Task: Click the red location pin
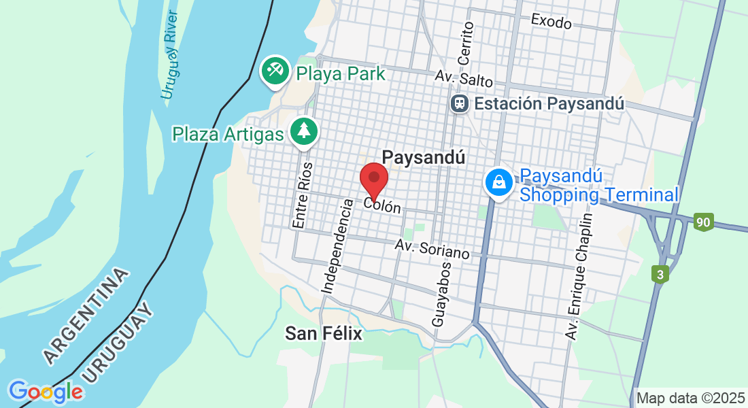coord(373,179)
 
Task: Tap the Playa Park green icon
coord(275,72)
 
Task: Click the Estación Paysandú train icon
coord(460,103)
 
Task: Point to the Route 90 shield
coord(703,222)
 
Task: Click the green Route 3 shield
coord(660,275)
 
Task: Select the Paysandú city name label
coord(424,157)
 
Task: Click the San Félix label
coord(323,333)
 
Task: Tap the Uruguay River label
coord(170,54)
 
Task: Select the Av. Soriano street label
coord(432,249)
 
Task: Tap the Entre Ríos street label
coord(303,194)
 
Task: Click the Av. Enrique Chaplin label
coord(579,276)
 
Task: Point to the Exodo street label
coord(551,22)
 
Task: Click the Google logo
coord(46,392)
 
